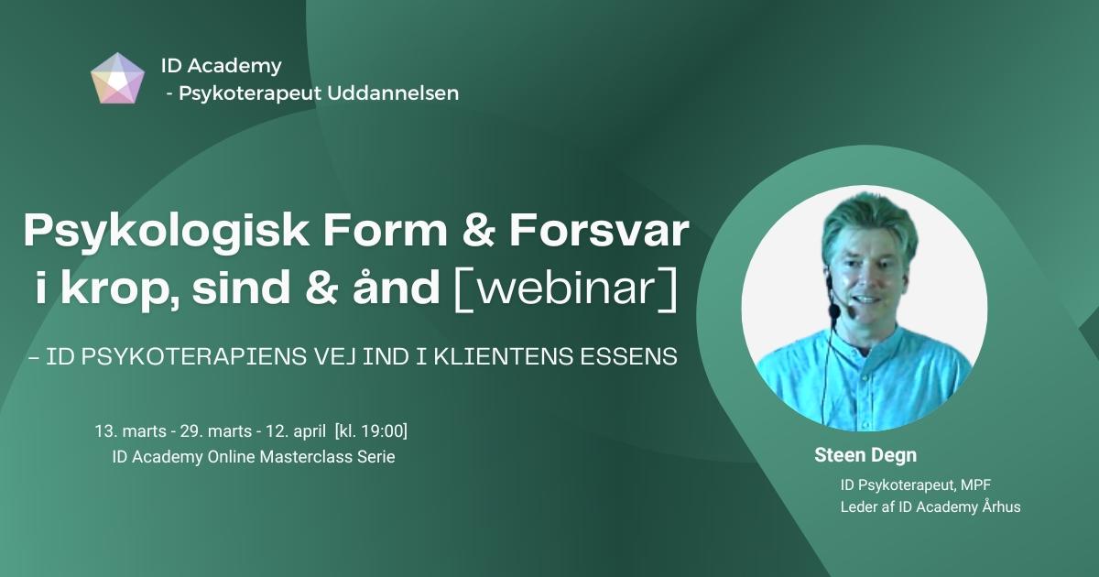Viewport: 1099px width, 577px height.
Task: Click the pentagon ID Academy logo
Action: coord(118,79)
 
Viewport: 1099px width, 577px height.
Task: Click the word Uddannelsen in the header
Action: coord(393,93)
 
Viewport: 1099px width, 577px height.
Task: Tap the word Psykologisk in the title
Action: coord(167,232)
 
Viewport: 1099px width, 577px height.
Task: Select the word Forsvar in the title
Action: coord(599,230)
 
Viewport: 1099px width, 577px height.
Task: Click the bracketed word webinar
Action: coord(566,288)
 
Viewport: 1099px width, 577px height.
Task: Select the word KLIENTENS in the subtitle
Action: coord(504,356)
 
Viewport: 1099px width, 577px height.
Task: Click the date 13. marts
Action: coord(130,431)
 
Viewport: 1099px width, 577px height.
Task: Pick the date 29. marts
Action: coord(216,431)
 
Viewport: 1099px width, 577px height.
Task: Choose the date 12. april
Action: coord(296,431)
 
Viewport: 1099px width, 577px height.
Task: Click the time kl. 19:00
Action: coord(371,431)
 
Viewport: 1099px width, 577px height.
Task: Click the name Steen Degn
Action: coord(865,455)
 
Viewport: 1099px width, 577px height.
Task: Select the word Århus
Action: coord(1001,506)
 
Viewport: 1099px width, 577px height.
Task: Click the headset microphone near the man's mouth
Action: coord(834,311)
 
